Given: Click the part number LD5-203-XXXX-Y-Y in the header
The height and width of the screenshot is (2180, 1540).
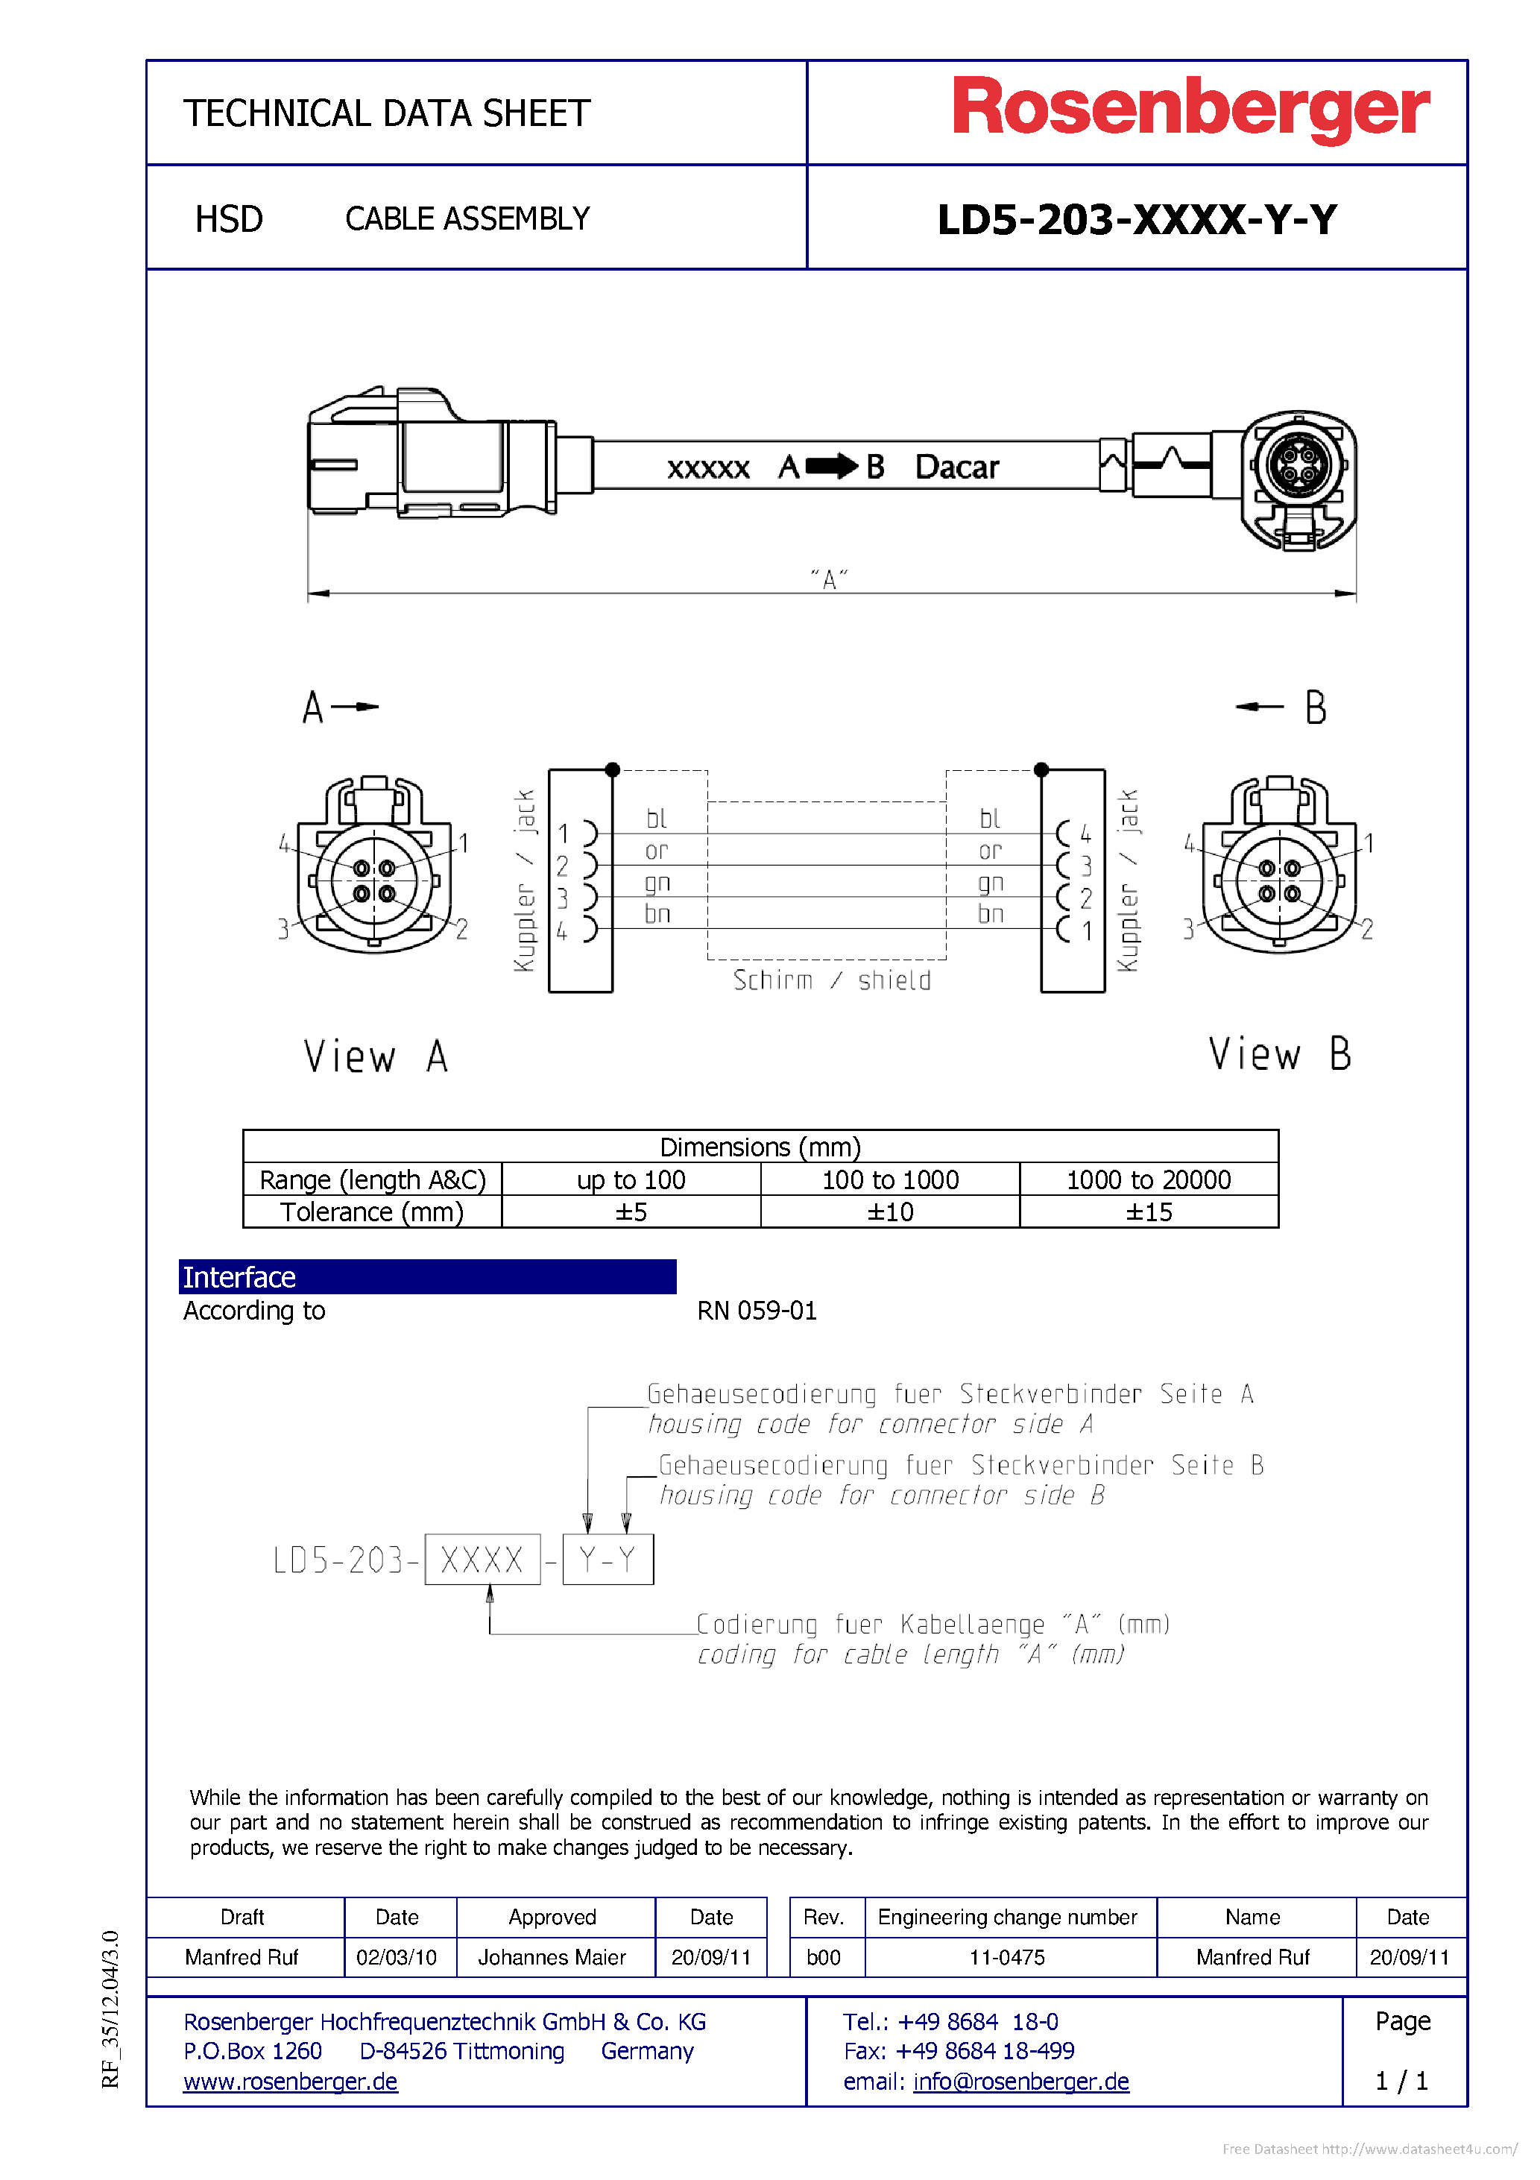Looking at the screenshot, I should point(1137,220).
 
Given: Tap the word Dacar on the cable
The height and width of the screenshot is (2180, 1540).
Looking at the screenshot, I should point(956,467).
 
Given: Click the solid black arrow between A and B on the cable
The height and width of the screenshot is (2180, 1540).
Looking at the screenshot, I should point(832,466).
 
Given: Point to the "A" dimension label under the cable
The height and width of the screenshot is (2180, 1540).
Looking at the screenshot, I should point(829,579).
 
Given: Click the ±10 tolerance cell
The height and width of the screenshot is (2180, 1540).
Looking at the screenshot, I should point(889,1212).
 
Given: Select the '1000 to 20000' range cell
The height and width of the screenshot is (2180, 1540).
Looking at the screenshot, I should point(1148,1180).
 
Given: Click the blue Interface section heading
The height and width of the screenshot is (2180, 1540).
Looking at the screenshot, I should point(427,1277).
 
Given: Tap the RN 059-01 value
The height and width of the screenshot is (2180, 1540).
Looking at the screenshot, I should point(757,1311).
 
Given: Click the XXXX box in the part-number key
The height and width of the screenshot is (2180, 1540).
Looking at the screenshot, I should point(482,1560).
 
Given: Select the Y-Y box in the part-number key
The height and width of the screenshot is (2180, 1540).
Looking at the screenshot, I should point(608,1560).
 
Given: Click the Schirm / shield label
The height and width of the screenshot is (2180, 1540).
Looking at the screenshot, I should point(832,981).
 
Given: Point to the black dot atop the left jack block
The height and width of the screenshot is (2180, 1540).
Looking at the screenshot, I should point(613,770).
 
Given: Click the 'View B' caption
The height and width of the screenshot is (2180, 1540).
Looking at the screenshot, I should point(1279,1055).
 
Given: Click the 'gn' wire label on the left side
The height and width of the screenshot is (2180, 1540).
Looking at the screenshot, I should point(657,883).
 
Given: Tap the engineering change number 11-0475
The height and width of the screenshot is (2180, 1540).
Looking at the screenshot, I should point(1007,1958).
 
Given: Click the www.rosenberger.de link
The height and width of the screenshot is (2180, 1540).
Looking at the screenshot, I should point(291,2082).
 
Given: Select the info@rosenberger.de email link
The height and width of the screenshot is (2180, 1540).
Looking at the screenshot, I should point(1020,2082).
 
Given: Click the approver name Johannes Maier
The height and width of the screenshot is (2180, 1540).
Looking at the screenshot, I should point(552,1958).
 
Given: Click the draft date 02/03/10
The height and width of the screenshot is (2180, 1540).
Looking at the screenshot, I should point(396,1958).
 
